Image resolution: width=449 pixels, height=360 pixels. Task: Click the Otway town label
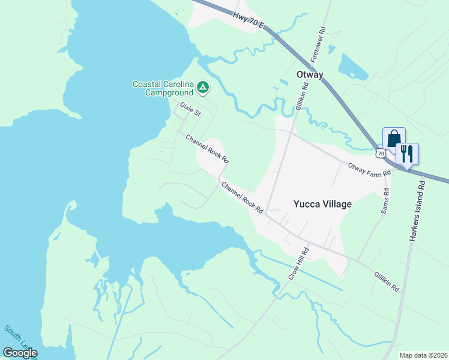(310, 75)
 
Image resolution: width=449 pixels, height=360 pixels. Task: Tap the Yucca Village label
(322, 204)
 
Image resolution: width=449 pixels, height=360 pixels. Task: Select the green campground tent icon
(203, 88)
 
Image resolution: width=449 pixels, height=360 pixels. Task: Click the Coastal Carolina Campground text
(163, 88)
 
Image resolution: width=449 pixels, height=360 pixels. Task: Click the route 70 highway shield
(381, 154)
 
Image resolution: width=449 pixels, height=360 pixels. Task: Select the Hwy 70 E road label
(247, 23)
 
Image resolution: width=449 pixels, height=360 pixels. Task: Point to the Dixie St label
(190, 109)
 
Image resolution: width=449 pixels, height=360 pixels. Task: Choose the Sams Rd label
(385, 202)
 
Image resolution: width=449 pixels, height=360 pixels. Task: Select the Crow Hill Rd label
(298, 263)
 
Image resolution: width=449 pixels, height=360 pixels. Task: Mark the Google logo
(20, 353)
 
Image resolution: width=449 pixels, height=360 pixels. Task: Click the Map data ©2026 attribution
(423, 355)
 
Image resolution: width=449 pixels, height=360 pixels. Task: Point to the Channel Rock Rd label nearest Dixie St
(207, 149)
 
